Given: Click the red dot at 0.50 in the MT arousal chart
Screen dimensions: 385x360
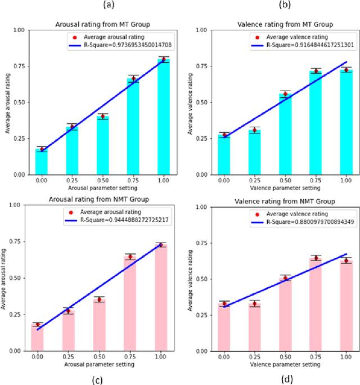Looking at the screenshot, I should [x=103, y=117].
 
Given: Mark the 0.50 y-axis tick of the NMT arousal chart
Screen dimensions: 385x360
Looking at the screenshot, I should [x=16, y=278].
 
